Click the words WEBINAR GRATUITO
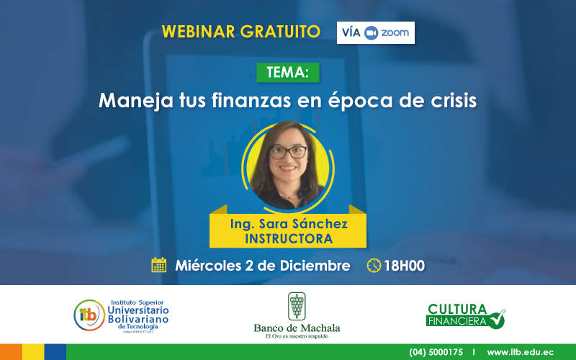241,32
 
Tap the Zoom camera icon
372,33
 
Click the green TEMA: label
287,72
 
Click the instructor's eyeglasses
288,152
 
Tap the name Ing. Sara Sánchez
288,224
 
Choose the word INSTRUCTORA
288,238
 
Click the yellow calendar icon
159,265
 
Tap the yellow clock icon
374,265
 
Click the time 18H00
404,265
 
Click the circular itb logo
89,315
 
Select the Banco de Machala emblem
297,306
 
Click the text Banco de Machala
297,328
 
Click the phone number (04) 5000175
436,352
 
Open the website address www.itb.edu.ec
520,352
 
